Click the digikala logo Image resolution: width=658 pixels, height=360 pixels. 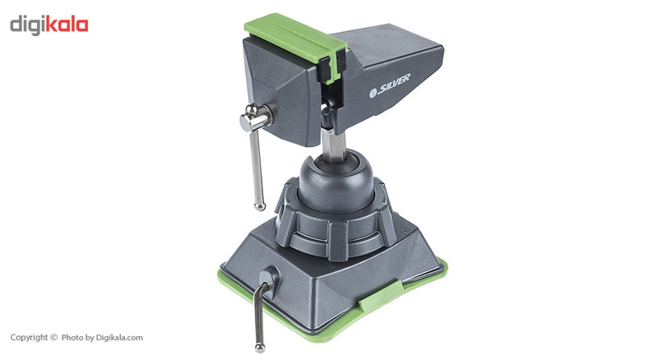coord(49,25)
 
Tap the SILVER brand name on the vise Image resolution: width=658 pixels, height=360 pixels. coord(394,85)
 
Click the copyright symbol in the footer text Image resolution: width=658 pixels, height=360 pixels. coord(53,337)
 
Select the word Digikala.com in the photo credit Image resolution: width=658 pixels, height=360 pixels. coord(119,337)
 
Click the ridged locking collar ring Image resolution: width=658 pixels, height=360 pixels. coord(336,227)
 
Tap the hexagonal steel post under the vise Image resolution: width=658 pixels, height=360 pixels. coord(334,145)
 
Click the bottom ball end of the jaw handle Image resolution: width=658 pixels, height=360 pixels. coord(260,206)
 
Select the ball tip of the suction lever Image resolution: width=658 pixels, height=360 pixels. coord(260,348)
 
